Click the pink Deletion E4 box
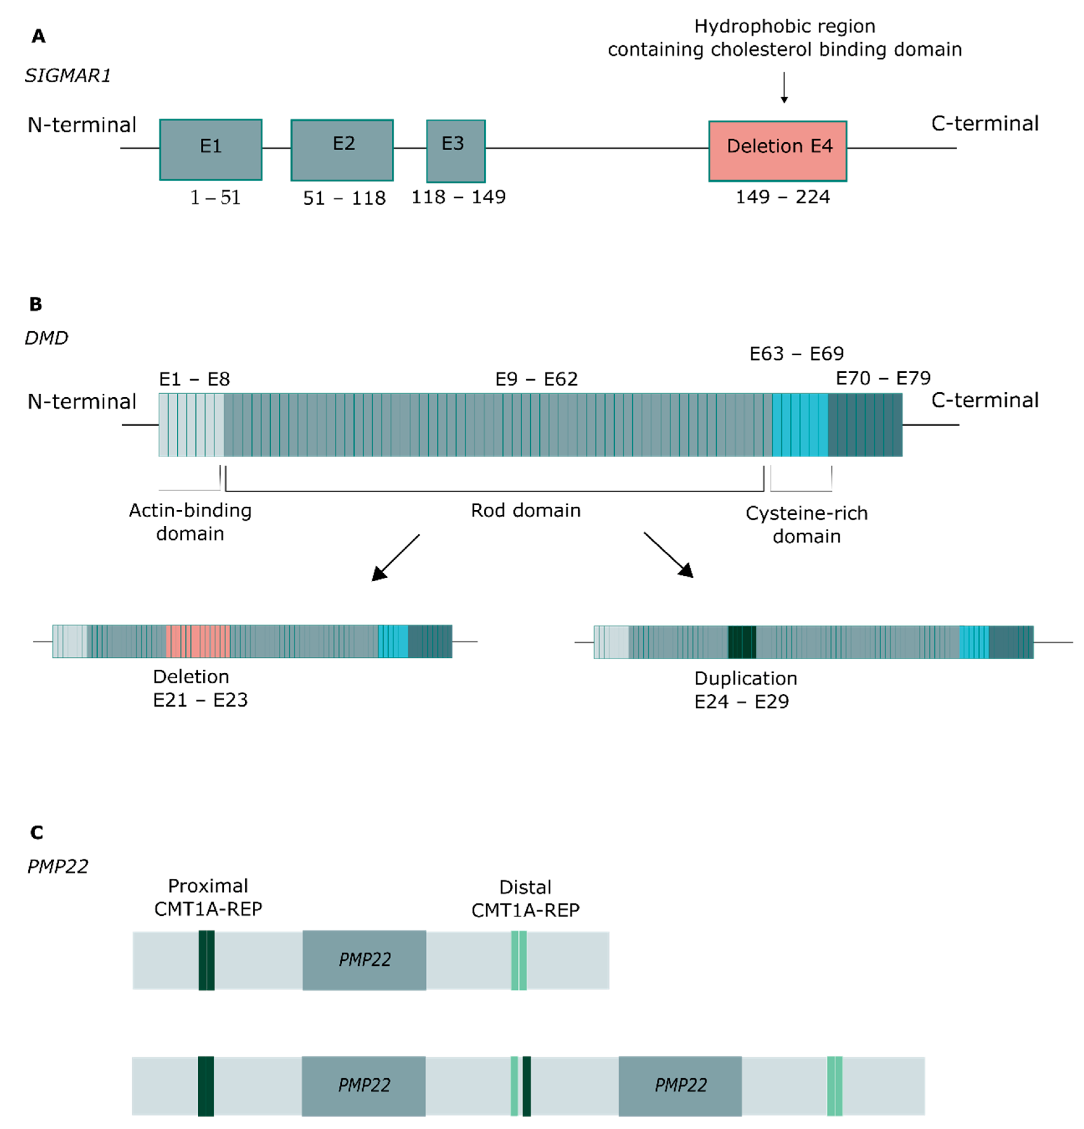[x=778, y=151]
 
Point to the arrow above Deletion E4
[x=784, y=88]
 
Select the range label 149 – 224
[x=782, y=197]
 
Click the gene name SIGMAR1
[x=67, y=75]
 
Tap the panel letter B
[x=36, y=304]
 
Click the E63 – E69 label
[x=796, y=353]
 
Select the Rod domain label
[x=525, y=510]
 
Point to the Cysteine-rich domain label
[x=806, y=524]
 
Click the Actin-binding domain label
[x=190, y=522]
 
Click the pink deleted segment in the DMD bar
[x=198, y=641]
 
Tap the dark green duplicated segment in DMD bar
[x=742, y=642]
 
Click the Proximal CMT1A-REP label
[x=208, y=897]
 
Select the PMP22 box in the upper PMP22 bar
[x=364, y=960]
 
